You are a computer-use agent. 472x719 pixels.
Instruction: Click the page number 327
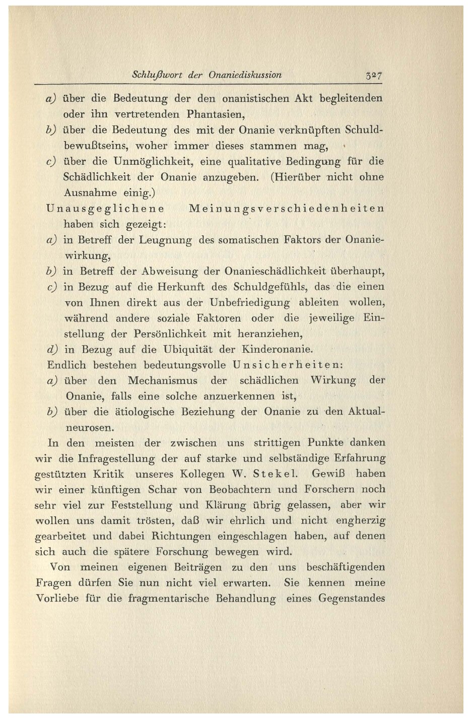[375, 76]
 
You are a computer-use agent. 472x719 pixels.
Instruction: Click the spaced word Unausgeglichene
[105, 208]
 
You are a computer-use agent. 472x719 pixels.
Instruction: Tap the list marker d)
[53, 349]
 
